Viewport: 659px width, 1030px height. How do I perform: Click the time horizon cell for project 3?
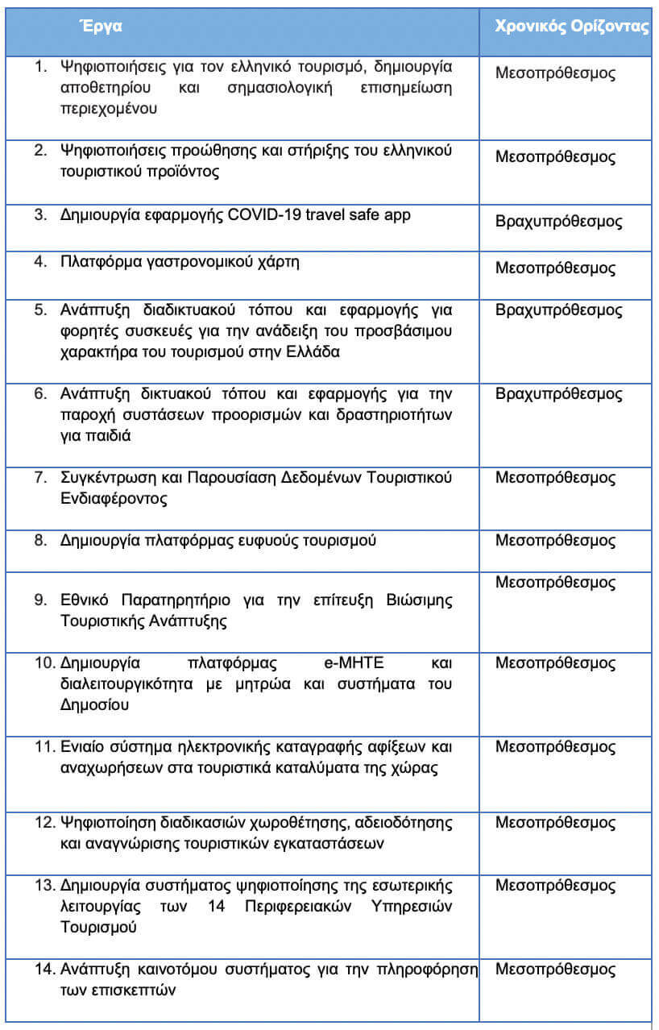[x=558, y=222]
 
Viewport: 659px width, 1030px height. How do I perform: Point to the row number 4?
[x=40, y=262]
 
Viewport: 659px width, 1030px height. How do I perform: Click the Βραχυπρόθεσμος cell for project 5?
[x=558, y=309]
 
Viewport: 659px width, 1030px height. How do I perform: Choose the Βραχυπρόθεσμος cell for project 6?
[x=558, y=393]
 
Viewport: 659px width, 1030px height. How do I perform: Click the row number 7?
[x=40, y=477]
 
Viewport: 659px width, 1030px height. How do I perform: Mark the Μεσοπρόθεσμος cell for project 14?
[x=555, y=969]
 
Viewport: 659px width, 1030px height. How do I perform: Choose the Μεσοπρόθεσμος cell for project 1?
[x=555, y=73]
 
